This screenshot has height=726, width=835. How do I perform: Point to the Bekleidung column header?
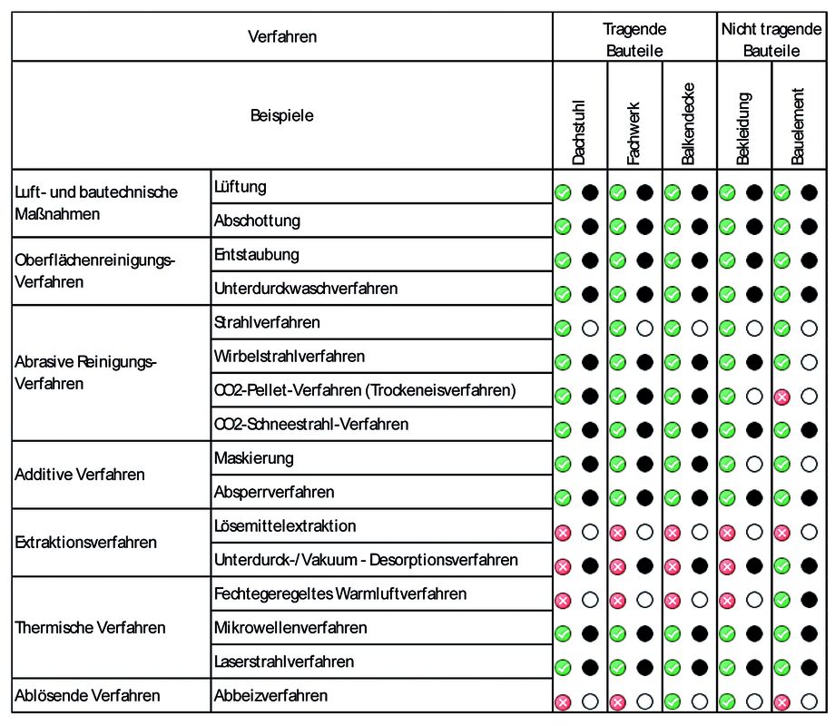pos(743,128)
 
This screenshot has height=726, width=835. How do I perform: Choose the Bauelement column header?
pos(798,126)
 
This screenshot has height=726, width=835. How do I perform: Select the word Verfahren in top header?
pos(282,37)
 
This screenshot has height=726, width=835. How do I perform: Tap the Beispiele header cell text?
pos(282,115)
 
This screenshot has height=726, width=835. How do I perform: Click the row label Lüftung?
pos(241,187)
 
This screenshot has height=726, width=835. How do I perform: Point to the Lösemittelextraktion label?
pos(285,526)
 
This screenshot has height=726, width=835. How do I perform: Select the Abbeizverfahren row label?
pos(270,696)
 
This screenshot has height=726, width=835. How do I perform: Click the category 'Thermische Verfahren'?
pos(91,628)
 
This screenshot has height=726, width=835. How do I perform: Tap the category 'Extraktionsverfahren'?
pos(86,543)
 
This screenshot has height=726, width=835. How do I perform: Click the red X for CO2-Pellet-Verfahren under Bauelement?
pos(781,396)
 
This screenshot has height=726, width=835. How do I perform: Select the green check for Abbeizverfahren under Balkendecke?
pos(673,701)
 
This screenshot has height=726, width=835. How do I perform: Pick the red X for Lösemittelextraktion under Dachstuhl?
pos(563,532)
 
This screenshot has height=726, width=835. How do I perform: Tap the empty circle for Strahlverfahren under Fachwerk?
pos(644,328)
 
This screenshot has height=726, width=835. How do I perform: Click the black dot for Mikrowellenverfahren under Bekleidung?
pos(753,633)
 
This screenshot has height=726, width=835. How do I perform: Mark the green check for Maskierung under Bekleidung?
pos(727,464)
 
